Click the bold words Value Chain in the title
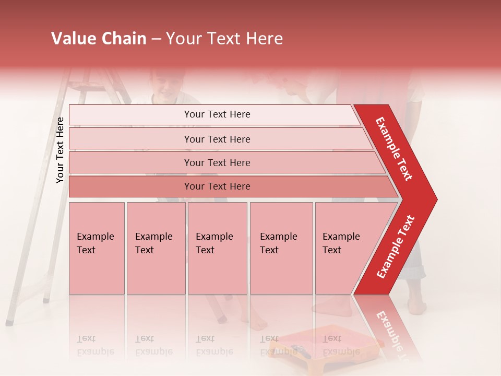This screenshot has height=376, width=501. click(99, 39)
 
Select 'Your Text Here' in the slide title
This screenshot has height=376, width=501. click(224, 39)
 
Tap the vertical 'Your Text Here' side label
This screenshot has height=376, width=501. click(60, 150)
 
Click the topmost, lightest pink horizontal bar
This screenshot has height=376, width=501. click(217, 114)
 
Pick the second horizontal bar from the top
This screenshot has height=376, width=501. click(217, 139)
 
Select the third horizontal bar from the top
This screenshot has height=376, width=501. click(217, 162)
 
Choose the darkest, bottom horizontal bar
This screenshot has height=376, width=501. click(217, 186)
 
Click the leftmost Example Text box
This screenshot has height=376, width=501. click(97, 248)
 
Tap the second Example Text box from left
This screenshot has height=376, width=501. click(156, 248)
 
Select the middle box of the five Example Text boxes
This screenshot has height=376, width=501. click(217, 248)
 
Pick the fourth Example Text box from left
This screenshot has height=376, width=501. click(281, 248)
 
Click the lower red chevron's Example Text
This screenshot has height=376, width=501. click(396, 247)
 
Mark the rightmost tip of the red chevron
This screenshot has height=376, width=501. click(436, 199)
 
